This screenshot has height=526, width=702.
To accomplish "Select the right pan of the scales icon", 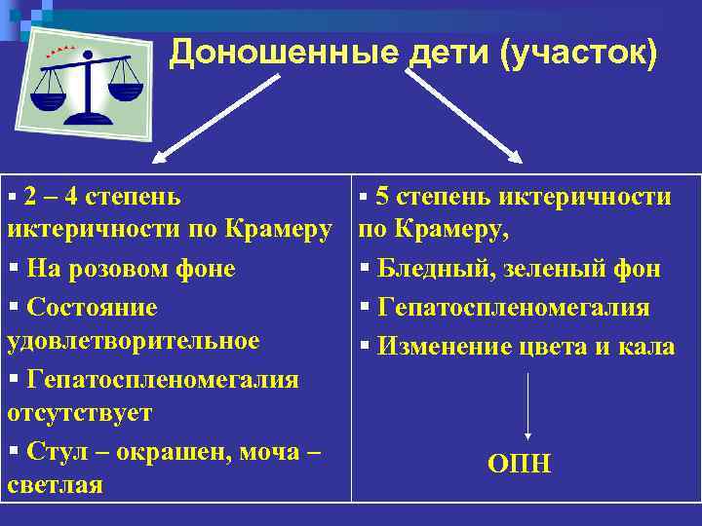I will (x=124, y=91).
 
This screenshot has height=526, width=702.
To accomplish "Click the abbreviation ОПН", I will (x=519, y=465).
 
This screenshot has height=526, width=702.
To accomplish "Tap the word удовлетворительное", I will (x=133, y=341).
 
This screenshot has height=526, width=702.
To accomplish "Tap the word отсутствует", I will (x=79, y=413).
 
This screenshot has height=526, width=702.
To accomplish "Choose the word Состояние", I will (x=93, y=308).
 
